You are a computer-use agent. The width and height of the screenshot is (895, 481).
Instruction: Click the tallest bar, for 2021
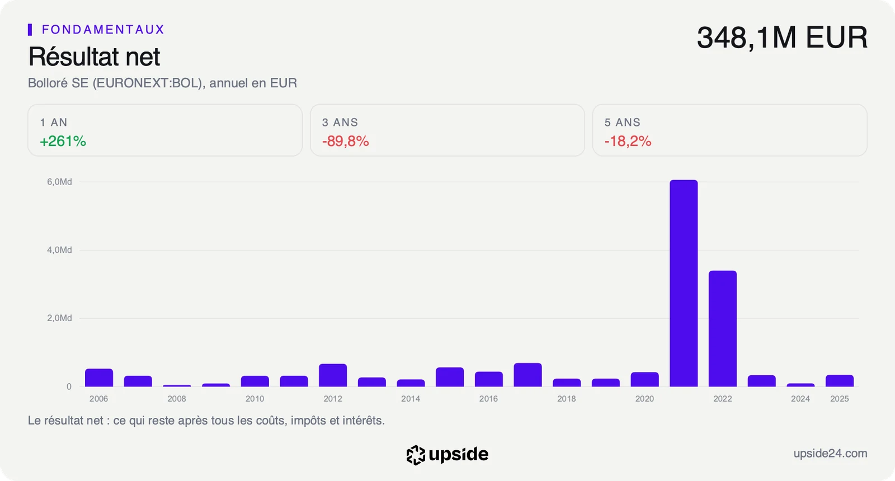pos(684,283)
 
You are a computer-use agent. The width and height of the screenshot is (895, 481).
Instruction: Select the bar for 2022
pos(723,329)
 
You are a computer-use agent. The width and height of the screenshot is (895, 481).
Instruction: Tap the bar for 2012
pos(333,375)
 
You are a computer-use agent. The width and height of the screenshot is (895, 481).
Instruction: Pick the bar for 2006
pos(99,378)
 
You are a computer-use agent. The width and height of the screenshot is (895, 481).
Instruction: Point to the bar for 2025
pos(840,381)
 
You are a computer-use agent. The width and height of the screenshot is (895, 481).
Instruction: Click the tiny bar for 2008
pos(177,385)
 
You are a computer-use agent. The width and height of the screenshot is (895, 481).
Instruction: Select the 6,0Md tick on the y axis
pos(59,182)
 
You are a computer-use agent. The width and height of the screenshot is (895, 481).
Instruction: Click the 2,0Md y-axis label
pos(59,318)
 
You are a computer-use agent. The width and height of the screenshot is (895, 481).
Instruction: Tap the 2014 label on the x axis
pos(411,399)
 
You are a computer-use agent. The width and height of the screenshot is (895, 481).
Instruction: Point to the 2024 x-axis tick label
pos(800,399)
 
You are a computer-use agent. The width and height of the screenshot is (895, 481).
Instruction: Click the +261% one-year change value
pos(63,141)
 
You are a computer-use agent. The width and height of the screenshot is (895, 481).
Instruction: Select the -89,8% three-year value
pos(345,141)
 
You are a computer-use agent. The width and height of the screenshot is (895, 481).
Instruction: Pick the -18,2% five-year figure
pos(628,141)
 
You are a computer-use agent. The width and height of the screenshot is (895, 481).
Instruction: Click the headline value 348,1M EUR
pos(782,37)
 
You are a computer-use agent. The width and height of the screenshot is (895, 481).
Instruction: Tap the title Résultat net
pos(94,56)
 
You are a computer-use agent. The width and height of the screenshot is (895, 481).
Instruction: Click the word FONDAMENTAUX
pos(103,30)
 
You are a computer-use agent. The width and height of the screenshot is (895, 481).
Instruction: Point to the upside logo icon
pos(416,455)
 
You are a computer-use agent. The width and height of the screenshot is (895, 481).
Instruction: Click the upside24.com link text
pos(830,454)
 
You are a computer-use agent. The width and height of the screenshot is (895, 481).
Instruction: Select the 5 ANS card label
pos(622,122)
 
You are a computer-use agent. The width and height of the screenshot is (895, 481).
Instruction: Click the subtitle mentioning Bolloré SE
pos(162,83)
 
